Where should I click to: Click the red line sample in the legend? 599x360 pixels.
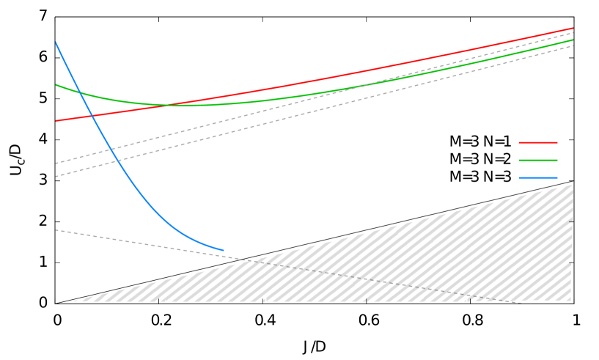(x=538, y=142)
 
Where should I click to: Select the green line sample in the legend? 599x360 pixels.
(x=538, y=160)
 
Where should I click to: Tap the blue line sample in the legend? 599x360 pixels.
(x=538, y=177)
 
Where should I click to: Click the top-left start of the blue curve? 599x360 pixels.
(x=56, y=43)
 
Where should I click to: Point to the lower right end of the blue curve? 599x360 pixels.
(x=224, y=250)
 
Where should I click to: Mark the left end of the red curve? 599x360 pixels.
(x=56, y=121)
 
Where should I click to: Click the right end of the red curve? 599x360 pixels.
(x=573, y=29)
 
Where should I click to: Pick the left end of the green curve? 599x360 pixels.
(x=56, y=85)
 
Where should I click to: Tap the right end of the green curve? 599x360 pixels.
(x=573, y=40)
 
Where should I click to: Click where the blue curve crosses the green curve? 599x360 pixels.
(x=79, y=93)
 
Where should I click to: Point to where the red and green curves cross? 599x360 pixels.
(x=169, y=105)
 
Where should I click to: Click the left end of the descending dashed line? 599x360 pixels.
(x=56, y=230)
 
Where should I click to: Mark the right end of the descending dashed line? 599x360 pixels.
(x=521, y=303)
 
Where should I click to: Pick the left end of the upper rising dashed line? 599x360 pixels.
(x=56, y=164)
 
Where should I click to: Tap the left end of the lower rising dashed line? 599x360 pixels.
(x=56, y=177)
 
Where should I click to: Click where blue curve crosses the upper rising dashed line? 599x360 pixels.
(x=113, y=149)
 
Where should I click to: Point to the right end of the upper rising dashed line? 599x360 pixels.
(x=573, y=32)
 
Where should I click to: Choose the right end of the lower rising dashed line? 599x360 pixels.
(x=573, y=45)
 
